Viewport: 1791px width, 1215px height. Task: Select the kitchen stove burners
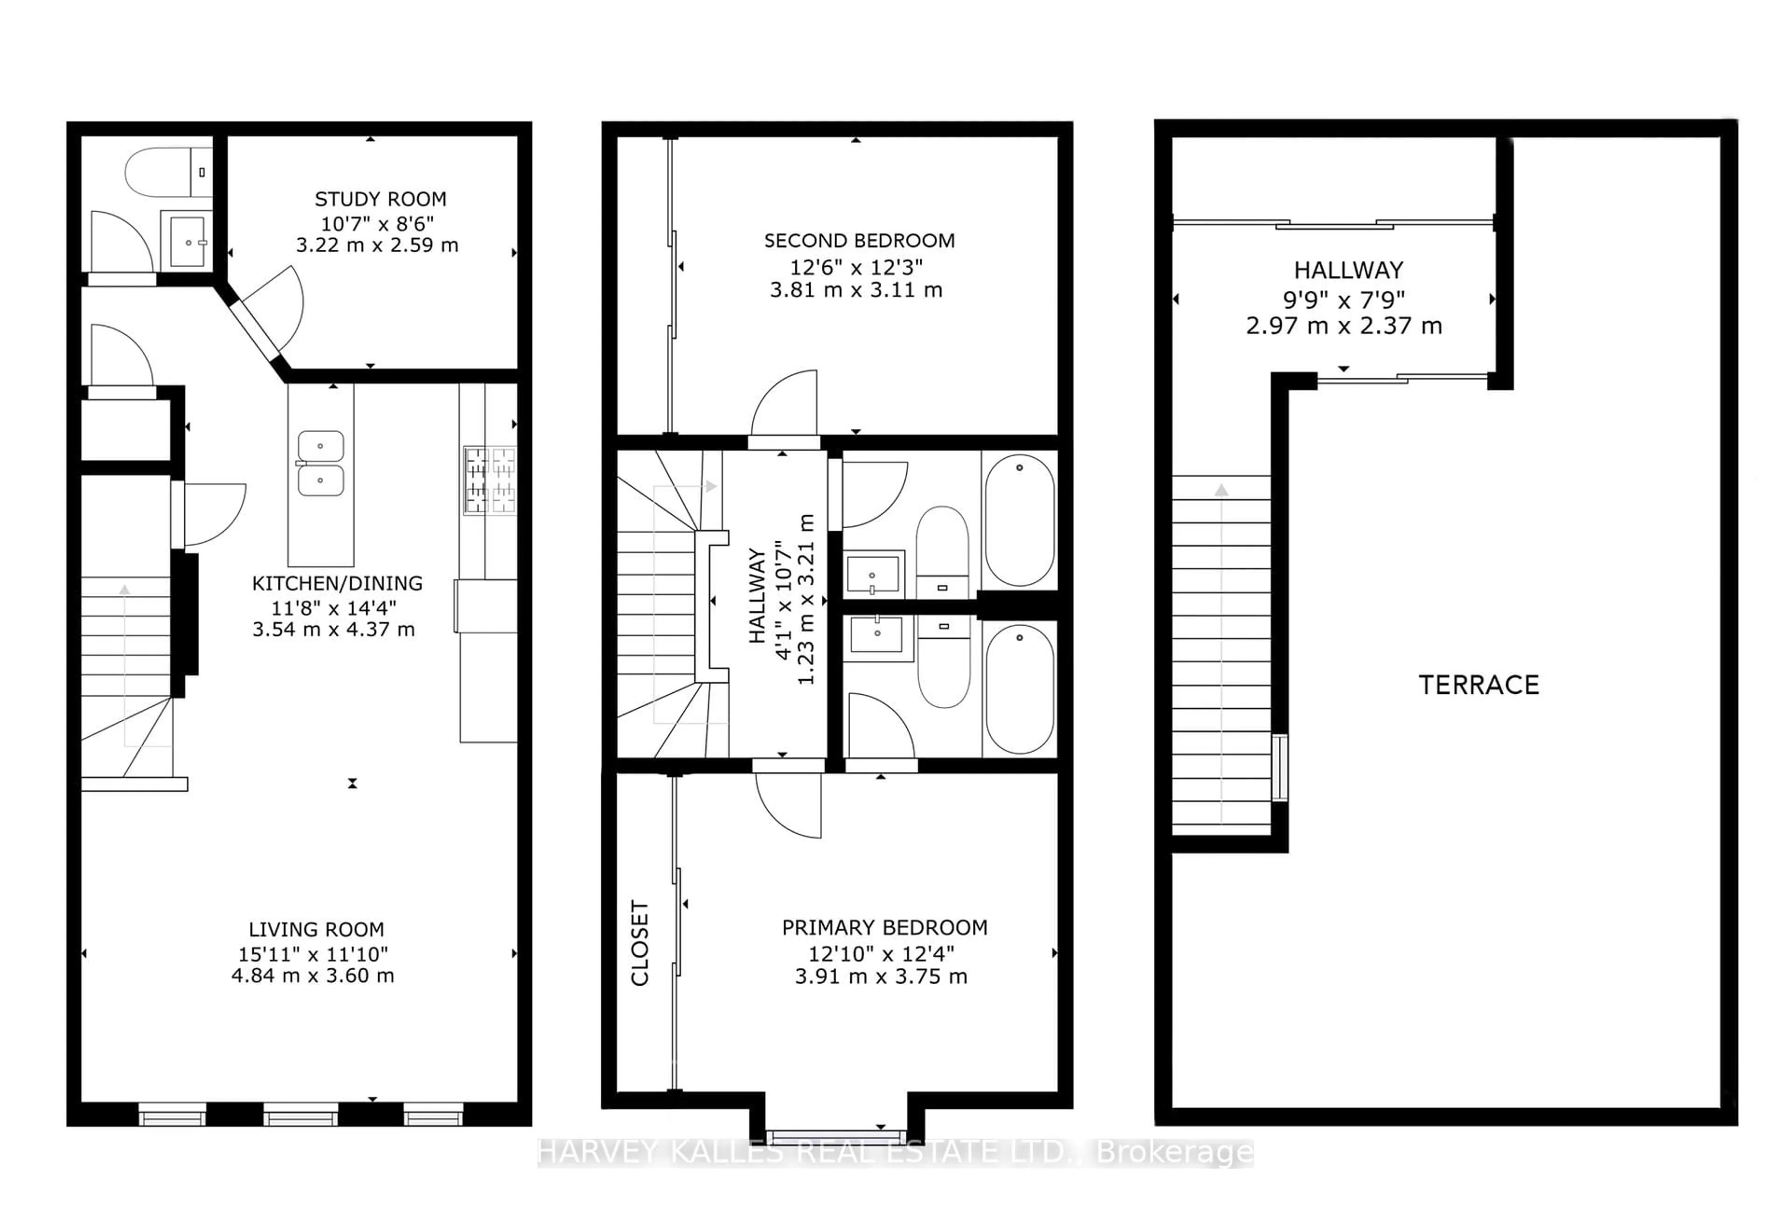coord(489,481)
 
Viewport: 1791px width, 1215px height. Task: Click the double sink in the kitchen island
coord(320,463)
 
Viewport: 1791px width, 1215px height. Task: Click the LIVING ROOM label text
coord(316,930)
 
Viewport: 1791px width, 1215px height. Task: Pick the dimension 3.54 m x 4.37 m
coord(333,629)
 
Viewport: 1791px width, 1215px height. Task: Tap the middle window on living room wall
coord(300,1115)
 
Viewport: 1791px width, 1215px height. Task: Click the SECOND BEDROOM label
coord(859,241)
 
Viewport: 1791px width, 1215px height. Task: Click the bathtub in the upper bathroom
coord(1019,520)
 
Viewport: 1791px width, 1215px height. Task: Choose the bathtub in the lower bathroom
coord(1019,689)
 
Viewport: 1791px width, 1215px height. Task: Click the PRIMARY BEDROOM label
coord(885,928)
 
